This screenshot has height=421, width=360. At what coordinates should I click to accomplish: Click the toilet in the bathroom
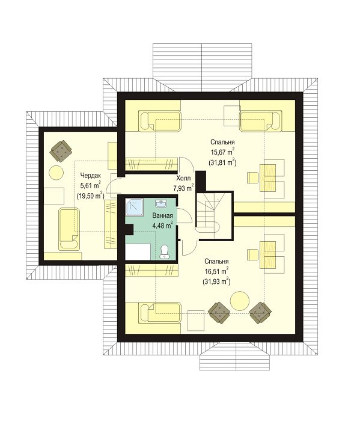pos(164,252)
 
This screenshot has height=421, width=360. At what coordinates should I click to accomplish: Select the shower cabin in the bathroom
pos(135,207)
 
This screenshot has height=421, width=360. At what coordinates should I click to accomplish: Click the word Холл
pos(183,178)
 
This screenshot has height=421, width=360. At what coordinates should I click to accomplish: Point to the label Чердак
pos(90,176)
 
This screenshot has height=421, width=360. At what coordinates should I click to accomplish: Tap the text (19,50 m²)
pos(90,195)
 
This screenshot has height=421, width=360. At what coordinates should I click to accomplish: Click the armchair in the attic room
pos(61,150)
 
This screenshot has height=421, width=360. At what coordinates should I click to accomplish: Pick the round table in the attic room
pos(56,173)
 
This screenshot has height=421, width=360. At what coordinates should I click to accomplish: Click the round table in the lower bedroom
pos(240,300)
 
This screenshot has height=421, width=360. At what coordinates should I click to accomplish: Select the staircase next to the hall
pos(214,215)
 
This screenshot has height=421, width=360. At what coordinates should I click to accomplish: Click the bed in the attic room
pos(69,229)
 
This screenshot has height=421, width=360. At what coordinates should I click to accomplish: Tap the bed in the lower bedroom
pos(159,313)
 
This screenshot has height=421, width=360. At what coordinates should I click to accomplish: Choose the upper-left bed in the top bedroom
pos(160,121)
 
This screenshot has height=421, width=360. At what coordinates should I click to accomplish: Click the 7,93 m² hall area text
pos(183,188)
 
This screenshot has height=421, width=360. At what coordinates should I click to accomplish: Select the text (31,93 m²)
pos(217,281)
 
